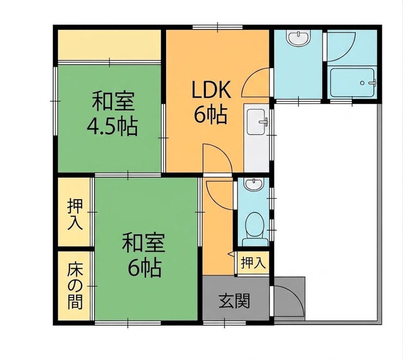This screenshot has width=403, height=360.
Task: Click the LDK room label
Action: tap(211, 89)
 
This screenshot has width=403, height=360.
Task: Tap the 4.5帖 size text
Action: tap(112, 127)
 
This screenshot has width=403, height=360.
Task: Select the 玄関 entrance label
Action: tap(234, 301)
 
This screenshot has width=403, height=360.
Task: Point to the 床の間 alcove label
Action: tap(75, 286)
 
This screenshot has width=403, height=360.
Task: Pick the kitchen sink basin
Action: tap(257, 122)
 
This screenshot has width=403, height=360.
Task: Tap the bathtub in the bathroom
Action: tap(352, 82)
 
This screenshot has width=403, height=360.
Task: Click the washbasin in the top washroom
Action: tap(298, 38)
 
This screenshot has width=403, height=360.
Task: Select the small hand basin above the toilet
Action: tap(254, 185)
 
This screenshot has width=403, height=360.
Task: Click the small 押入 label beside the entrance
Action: tap(253, 263)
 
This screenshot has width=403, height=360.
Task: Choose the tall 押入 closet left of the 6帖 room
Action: tap(75, 212)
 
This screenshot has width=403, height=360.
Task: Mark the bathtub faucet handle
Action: tap(372, 83)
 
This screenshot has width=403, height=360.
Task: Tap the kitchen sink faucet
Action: tap(264, 122)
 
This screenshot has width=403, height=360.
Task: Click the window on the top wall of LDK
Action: tap(218, 27)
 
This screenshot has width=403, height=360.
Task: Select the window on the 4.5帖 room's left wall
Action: tap(56, 101)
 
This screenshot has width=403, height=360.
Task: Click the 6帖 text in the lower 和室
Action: tap(145, 268)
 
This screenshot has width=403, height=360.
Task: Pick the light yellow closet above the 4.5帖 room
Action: tap(109, 45)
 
